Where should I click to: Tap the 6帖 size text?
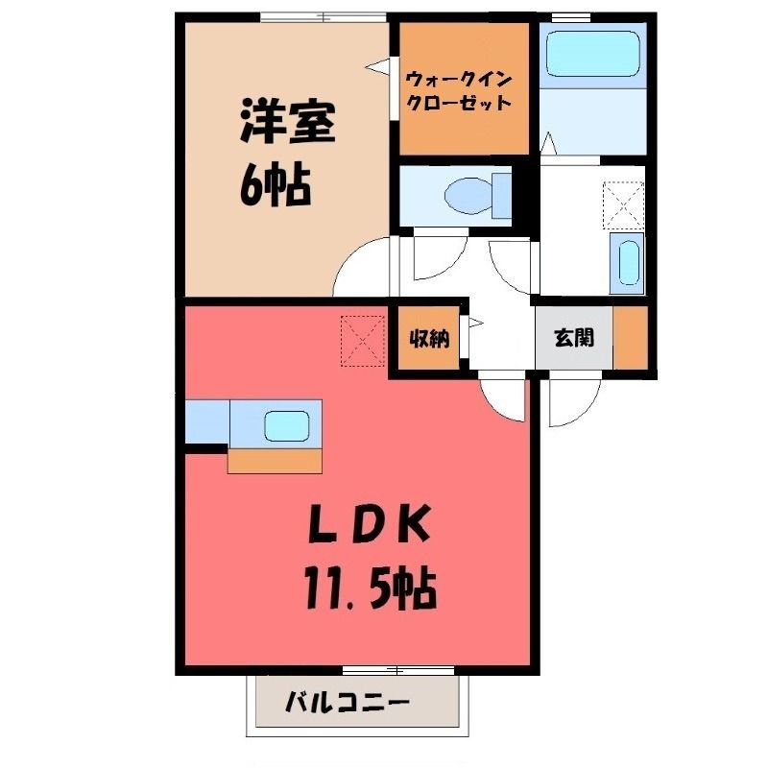pos(276,185)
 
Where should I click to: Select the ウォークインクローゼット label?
pos(459,90)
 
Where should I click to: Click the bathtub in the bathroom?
pos(593,54)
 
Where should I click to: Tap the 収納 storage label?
pos(429,339)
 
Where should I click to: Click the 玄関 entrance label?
pos(574,338)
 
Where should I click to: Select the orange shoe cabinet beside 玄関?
pos(631,338)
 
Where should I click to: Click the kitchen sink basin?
pos(286,425)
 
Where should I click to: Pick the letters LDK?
pos(370,524)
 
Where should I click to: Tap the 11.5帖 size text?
pos(370,587)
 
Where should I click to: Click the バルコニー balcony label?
pos(348,704)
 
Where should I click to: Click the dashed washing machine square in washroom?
pos(623,204)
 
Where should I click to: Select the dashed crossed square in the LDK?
pos(363,341)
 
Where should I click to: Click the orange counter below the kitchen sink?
pos(275,461)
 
